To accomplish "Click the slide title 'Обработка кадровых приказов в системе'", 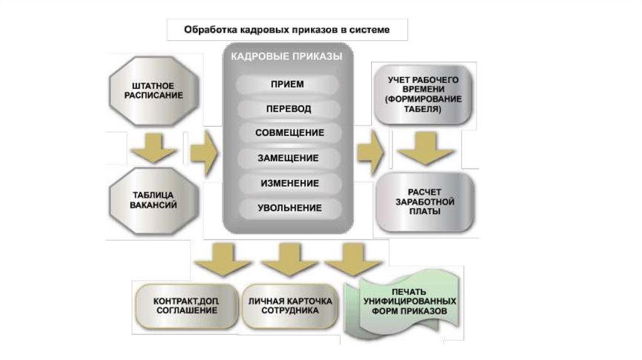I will (x=287, y=29).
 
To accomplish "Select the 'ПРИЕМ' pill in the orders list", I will (x=287, y=84).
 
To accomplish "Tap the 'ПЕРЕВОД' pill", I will (x=288, y=109).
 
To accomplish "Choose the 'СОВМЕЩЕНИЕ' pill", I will (x=289, y=133).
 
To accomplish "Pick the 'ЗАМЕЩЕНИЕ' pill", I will (x=288, y=158).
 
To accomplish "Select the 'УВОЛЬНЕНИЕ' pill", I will (x=289, y=208).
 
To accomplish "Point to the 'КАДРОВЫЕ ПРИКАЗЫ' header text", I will (x=287, y=56).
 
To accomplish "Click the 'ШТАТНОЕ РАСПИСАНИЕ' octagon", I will (x=154, y=90).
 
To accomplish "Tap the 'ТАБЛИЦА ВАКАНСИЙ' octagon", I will (x=154, y=199).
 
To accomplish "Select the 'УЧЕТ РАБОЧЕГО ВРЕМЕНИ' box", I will (x=423, y=94).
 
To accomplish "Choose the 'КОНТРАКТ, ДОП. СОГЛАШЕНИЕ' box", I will (x=186, y=305).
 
